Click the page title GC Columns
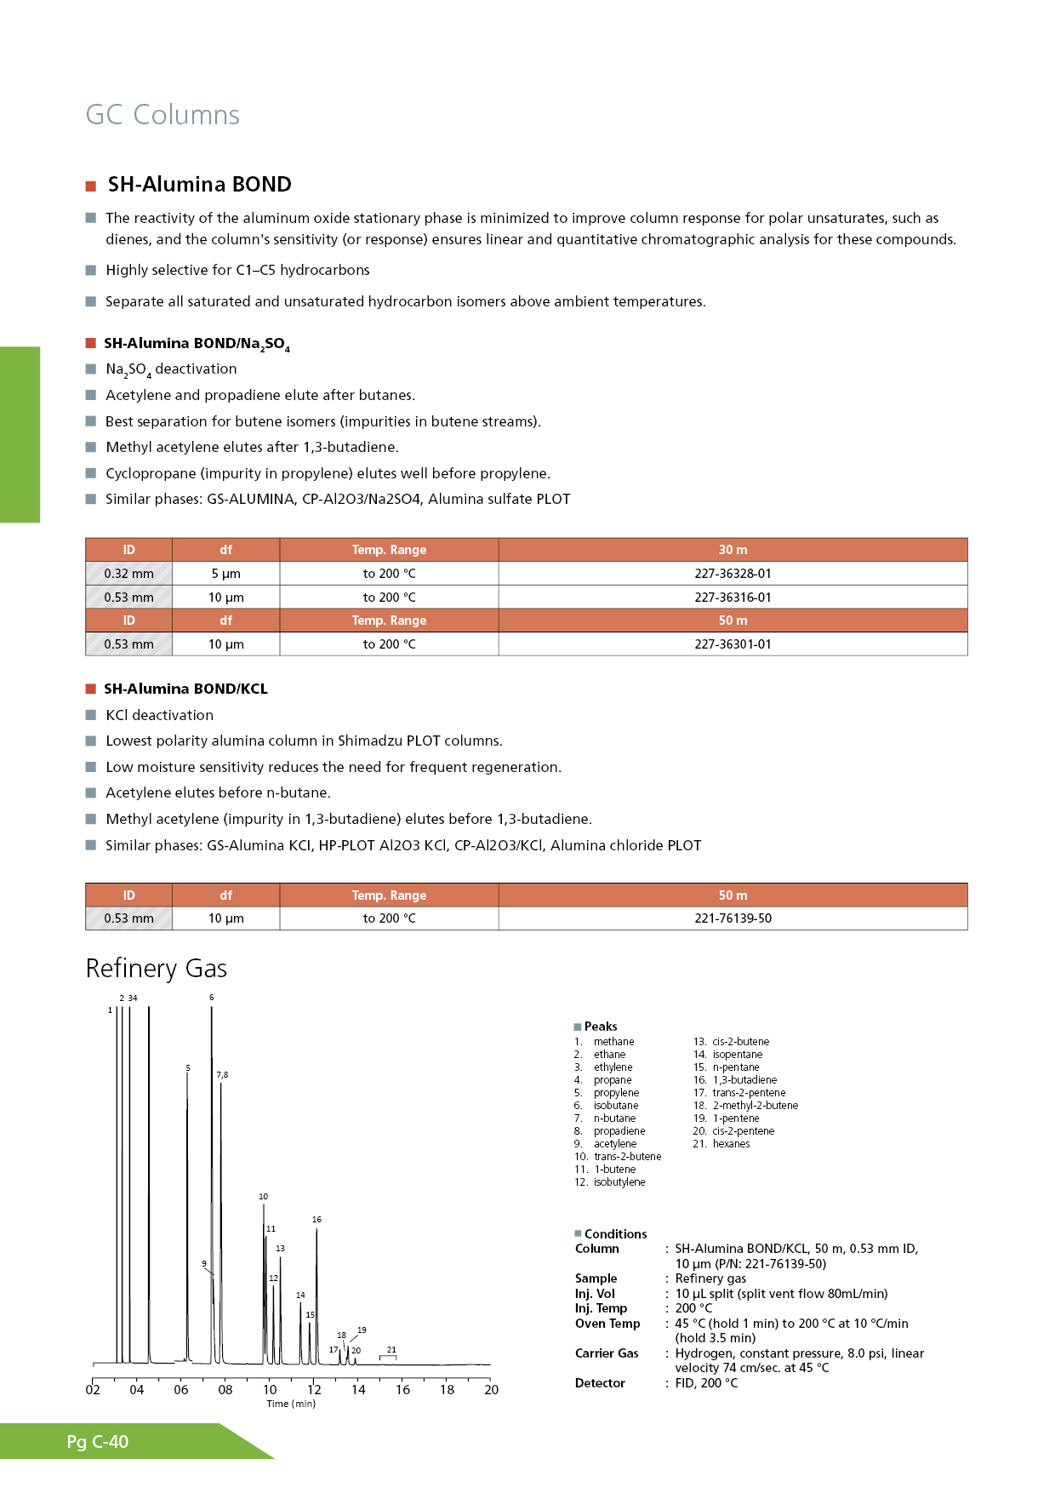[x=163, y=115]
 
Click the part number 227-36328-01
[x=733, y=574]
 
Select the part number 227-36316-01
[x=733, y=598]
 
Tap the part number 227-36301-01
[x=733, y=644]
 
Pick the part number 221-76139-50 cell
[x=733, y=918]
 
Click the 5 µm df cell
[x=225, y=574]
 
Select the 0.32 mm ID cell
[x=128, y=574]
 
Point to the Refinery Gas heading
[x=157, y=969]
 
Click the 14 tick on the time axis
[x=358, y=1389]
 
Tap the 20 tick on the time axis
[x=491, y=1389]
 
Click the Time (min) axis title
[x=291, y=1404]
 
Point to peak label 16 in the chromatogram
[x=316, y=1220]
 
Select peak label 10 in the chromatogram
[x=264, y=1197]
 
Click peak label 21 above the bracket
[x=391, y=1349]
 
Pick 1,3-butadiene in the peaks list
[x=744, y=1080]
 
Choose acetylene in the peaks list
[x=614, y=1144]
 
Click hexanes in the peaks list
[x=731, y=1144]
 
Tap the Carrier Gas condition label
[x=607, y=1353]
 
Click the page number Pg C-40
[x=98, y=1442]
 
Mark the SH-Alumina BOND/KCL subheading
[x=185, y=689]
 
